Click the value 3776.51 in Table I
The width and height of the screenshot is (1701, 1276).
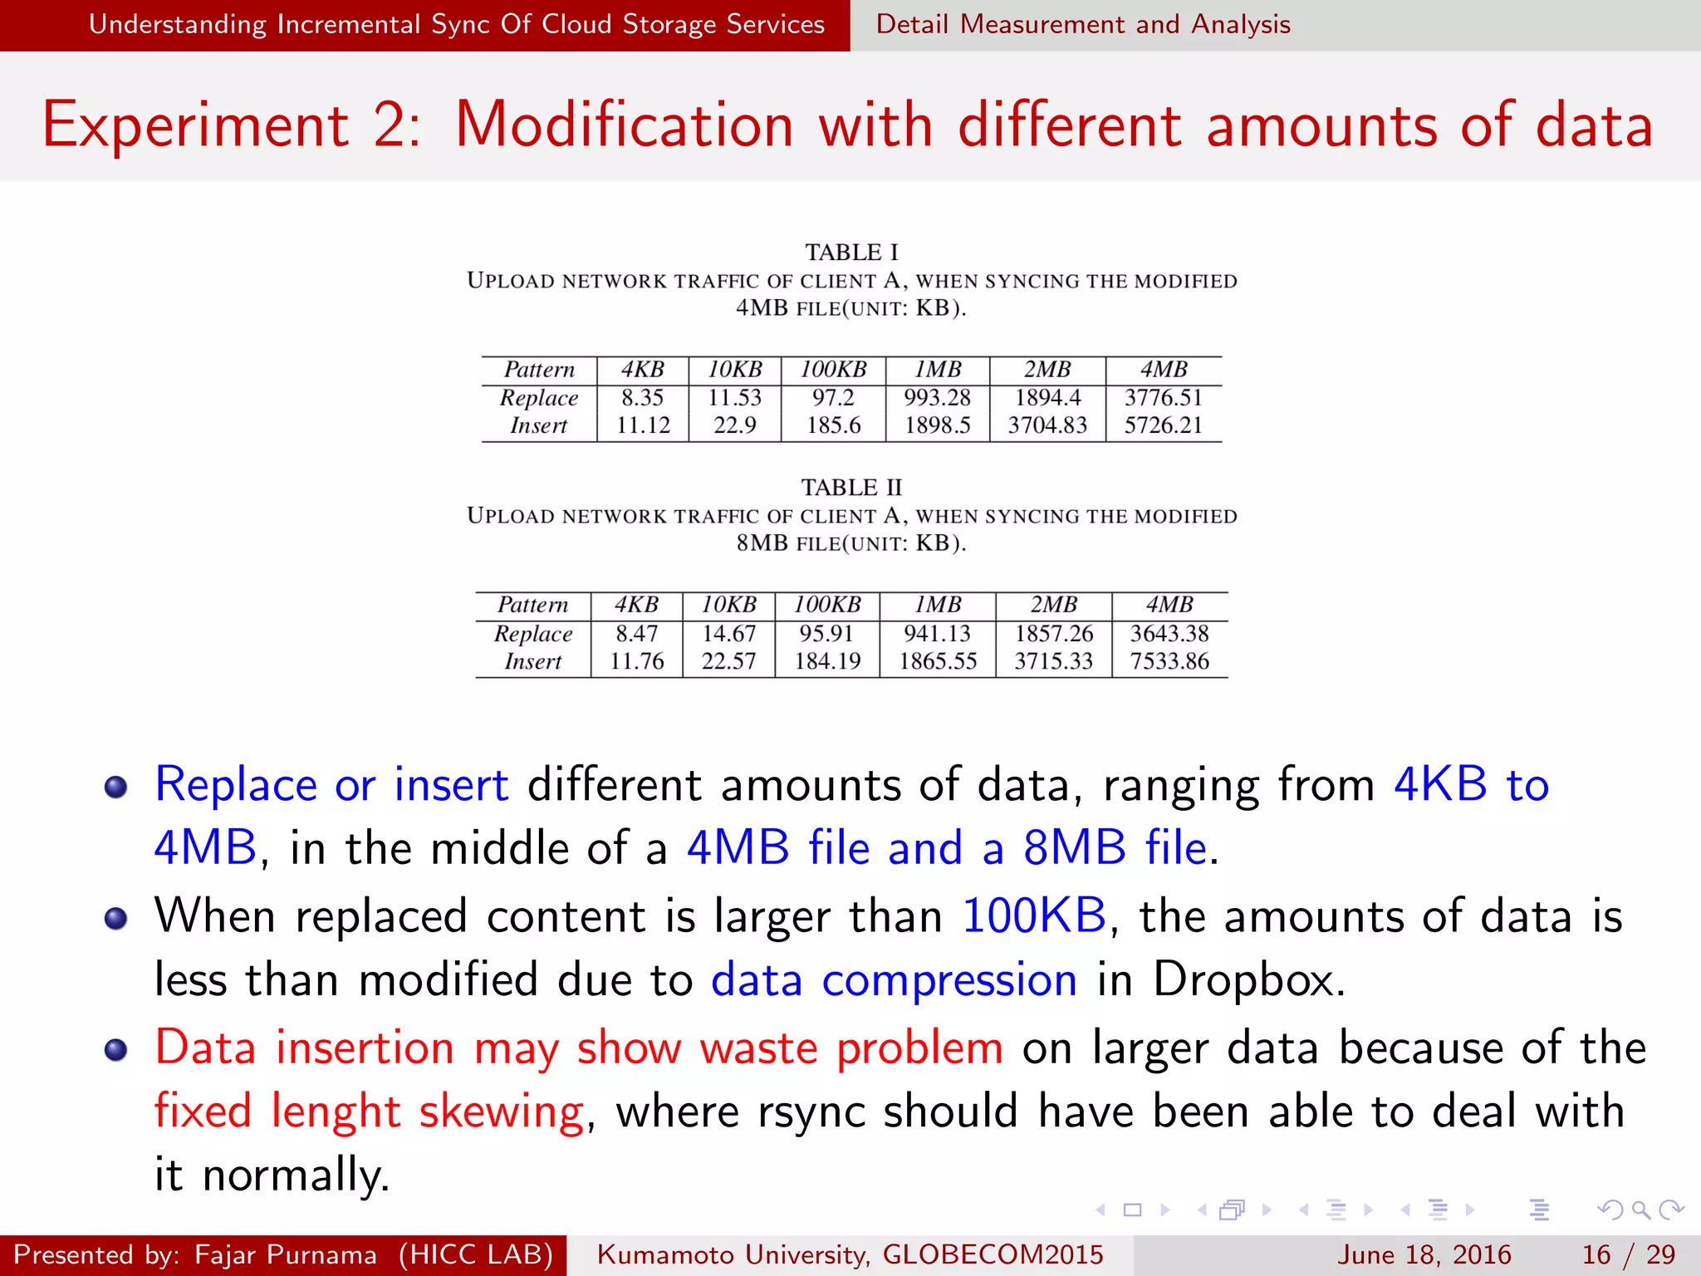coord(1163,398)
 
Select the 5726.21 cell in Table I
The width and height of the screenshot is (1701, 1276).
coord(1163,425)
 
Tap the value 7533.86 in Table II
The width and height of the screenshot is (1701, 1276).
coord(1169,661)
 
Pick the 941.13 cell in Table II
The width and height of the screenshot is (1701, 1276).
coord(937,634)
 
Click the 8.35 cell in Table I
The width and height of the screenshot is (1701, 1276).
coord(642,398)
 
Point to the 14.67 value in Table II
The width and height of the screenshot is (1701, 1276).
coord(728,634)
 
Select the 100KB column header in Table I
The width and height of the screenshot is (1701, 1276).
coord(833,370)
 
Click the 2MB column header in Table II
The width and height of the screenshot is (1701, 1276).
coord(1053,605)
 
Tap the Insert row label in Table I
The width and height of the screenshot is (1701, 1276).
coord(538,425)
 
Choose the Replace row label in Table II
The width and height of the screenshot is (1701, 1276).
coord(532,634)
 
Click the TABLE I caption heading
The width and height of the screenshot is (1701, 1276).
coord(851,252)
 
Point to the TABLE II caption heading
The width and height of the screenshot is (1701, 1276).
coord(851,487)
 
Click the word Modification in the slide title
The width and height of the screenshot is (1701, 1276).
coord(625,125)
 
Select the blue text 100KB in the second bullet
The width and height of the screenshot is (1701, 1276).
coord(1034,915)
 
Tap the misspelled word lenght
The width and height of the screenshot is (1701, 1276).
coord(336,1112)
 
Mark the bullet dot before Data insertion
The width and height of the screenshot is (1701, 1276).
coord(115,1049)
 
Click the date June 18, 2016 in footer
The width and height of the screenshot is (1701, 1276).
coord(1424,1254)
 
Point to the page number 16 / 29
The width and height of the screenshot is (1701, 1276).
coord(1628,1254)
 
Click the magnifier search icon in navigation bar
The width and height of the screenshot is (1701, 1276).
coord(1640,1210)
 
